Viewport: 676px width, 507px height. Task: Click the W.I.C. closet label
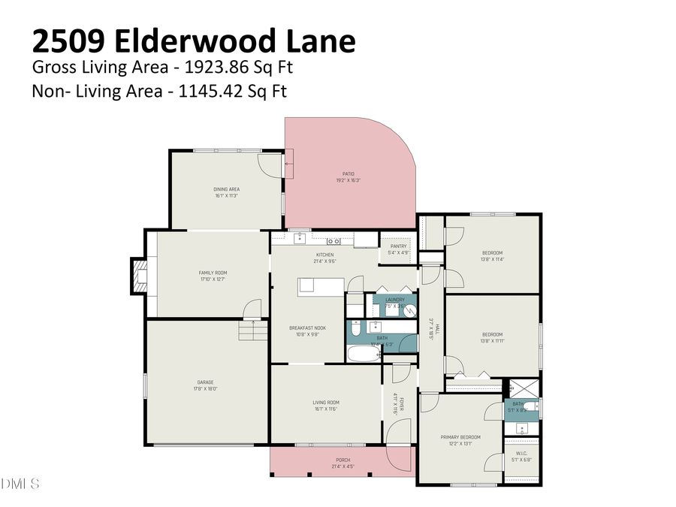point(521,457)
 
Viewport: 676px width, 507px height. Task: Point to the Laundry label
point(395,303)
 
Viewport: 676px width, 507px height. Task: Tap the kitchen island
point(321,285)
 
